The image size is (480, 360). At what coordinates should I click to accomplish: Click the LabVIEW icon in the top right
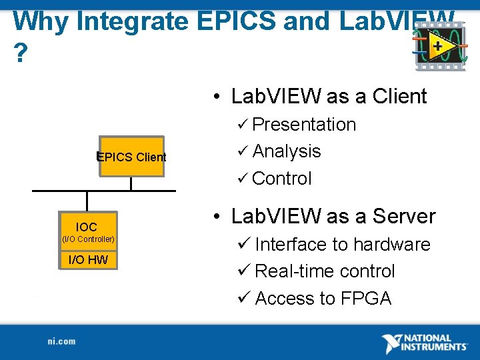click(439, 47)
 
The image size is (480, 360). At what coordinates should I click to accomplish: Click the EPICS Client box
click(131, 157)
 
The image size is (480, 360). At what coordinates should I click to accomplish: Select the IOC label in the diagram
click(86, 227)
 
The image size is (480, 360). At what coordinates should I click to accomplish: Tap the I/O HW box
click(88, 259)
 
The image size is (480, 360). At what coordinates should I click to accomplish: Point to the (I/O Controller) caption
click(88, 239)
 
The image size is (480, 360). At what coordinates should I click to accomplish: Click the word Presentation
click(304, 125)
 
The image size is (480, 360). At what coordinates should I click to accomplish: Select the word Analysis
click(287, 151)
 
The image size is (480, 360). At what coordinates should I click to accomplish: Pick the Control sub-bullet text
click(282, 178)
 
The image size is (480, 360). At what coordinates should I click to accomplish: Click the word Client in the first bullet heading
click(399, 97)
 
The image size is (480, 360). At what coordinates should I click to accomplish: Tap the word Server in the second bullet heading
click(403, 217)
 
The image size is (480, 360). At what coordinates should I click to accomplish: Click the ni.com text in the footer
click(61, 341)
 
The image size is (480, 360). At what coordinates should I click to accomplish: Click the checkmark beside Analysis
click(243, 152)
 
